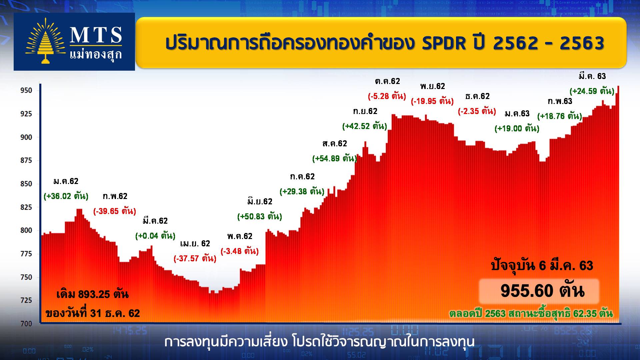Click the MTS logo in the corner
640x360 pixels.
coord(74,42)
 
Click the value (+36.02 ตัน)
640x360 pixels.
coord(66,196)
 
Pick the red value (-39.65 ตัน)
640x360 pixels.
coord(115,211)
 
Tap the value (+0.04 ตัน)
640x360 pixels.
coord(155,236)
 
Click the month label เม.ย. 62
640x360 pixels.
coord(195,244)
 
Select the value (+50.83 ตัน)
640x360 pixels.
coord(260,216)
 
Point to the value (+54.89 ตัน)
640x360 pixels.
coord(334,158)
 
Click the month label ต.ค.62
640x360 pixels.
coord(387,81)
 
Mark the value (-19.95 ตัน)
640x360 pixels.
coord(432,101)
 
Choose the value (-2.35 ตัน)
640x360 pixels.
coord(477,111)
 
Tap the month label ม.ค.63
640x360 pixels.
coord(517,114)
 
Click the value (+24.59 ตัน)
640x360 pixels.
coord(592,91)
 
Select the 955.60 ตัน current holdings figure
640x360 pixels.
coord(542,291)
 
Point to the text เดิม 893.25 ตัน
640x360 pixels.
coord(93,295)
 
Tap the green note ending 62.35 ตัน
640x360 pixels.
coord(531,314)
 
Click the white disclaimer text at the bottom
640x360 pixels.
coord(319,342)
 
